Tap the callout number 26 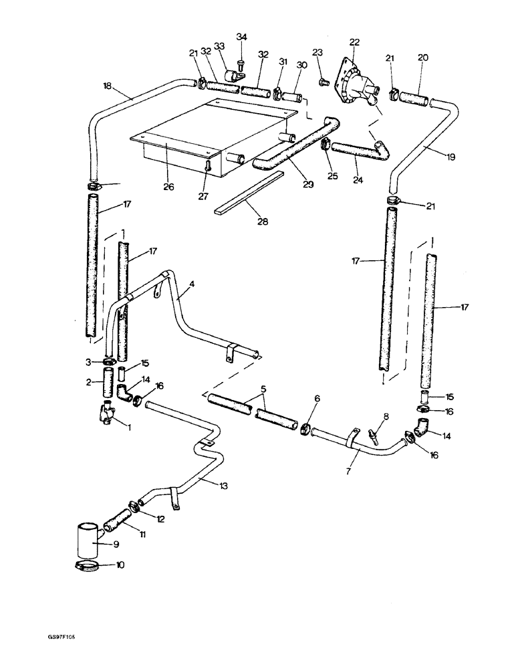(x=168, y=187)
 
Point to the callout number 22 (x=354, y=42)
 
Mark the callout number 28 (x=263, y=220)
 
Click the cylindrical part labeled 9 (x=85, y=539)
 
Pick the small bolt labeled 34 (x=241, y=62)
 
